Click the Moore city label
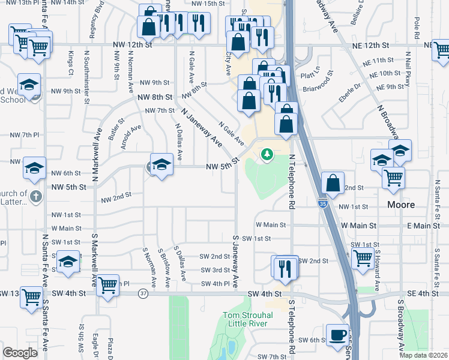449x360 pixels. click(400, 205)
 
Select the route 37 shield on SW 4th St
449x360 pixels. click(143, 293)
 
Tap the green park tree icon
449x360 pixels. click(266, 155)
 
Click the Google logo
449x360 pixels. click(20, 353)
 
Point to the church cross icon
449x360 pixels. click(35, 196)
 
